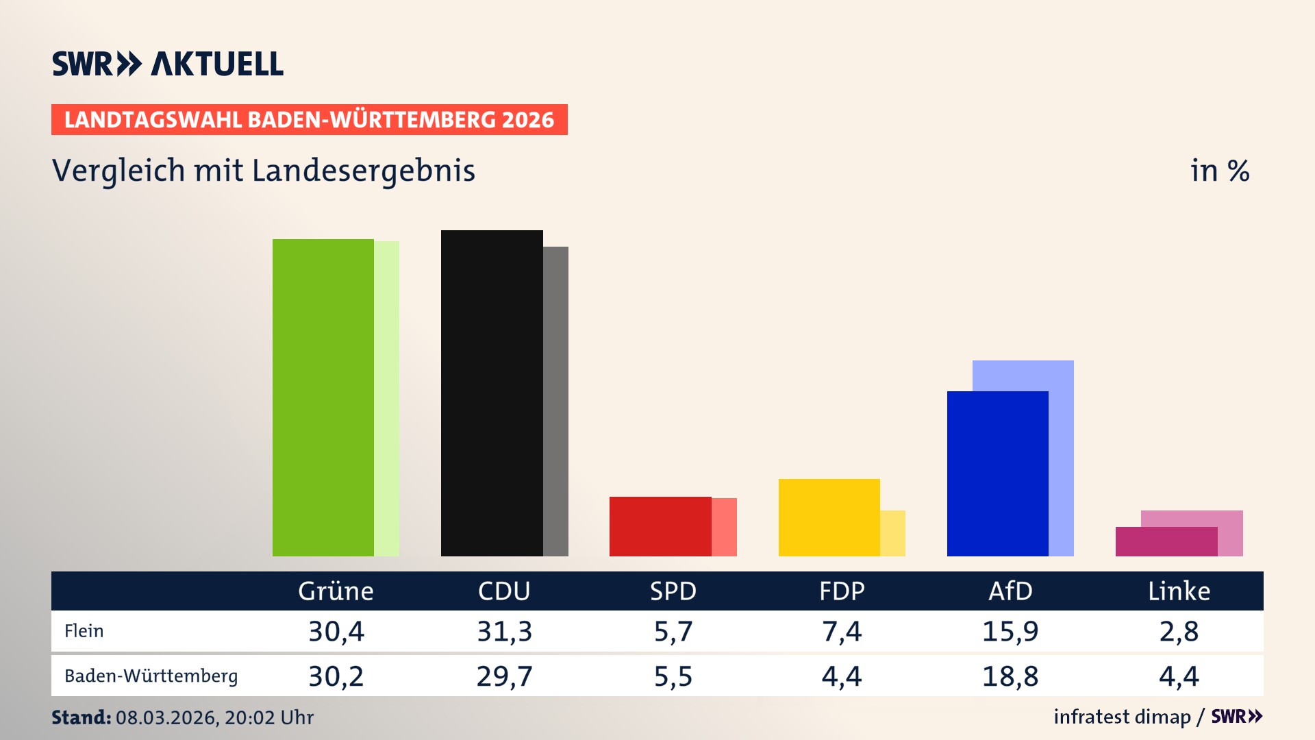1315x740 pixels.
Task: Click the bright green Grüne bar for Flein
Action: click(323, 397)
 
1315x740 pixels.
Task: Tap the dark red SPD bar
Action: click(660, 526)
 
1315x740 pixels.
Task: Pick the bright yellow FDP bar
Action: click(829, 517)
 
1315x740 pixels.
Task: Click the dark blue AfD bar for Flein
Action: click(997, 473)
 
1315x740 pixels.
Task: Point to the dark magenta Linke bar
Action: click(1166, 541)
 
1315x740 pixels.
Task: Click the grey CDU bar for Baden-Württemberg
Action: click(555, 401)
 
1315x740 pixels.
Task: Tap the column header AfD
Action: click(1010, 591)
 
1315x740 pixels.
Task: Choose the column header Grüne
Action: click(336, 591)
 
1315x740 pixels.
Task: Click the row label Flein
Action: click(84, 631)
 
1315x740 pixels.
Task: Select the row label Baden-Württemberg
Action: click(151, 676)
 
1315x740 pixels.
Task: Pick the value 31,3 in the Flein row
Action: click(504, 631)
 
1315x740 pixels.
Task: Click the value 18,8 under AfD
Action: click(1010, 676)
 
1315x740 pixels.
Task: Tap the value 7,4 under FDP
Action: click(842, 631)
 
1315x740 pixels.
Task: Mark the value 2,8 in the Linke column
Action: click(1179, 631)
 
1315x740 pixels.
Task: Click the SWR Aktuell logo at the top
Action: click(168, 64)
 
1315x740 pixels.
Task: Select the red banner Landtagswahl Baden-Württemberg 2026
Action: click(309, 120)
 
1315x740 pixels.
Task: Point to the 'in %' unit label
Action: click(1220, 171)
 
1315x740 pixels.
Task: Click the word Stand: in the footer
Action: click(81, 717)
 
